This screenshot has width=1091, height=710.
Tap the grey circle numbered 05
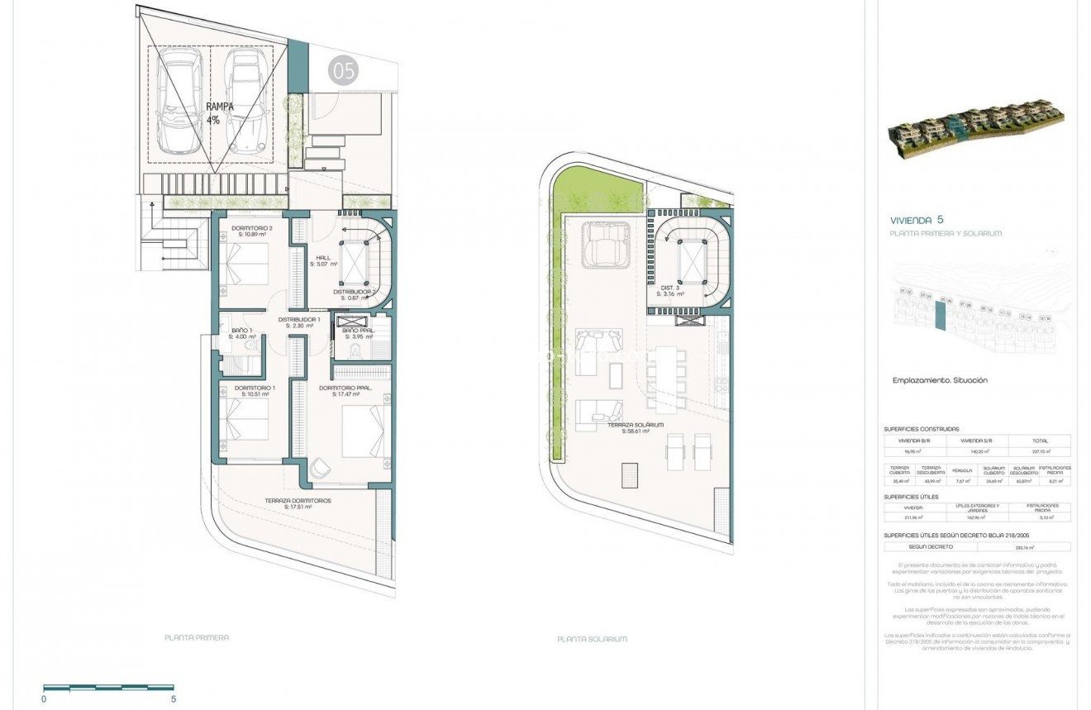click(x=343, y=71)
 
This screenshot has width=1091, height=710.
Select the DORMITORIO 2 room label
click(x=252, y=231)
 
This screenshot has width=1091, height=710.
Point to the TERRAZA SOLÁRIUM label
click(x=629, y=427)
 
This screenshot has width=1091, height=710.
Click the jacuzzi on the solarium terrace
click(x=607, y=245)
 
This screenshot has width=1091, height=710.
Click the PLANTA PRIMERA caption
click(x=197, y=637)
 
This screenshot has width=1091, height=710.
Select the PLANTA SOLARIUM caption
click(x=592, y=639)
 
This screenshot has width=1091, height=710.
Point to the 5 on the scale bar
click(x=174, y=698)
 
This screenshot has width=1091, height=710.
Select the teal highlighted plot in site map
click(x=939, y=316)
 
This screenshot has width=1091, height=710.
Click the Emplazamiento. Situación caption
click(x=940, y=380)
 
